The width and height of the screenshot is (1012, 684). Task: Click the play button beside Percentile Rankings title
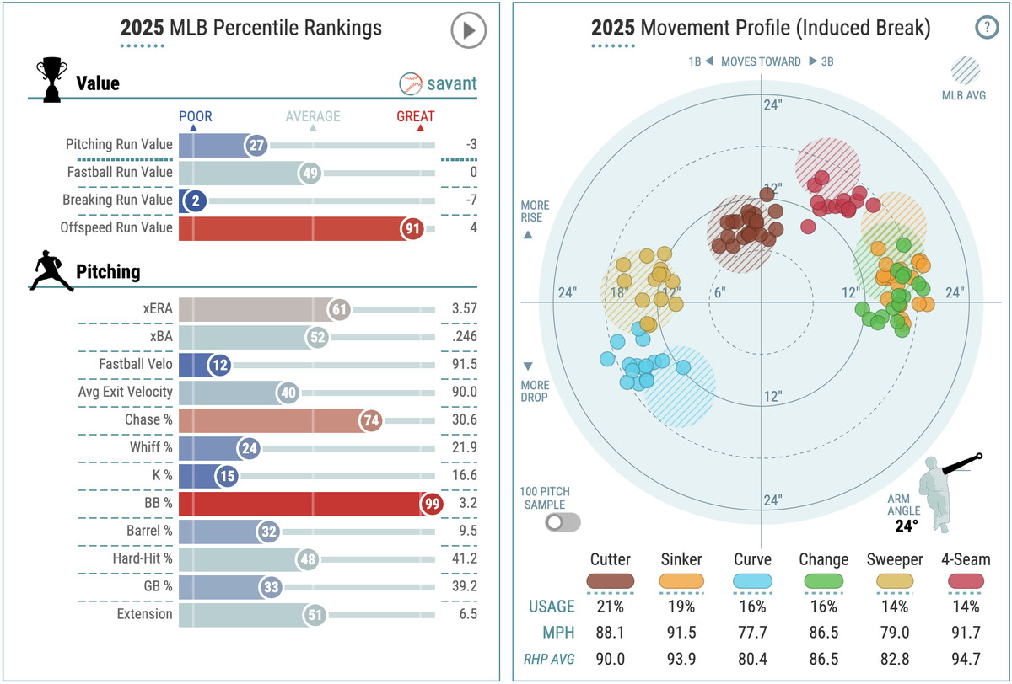click(468, 31)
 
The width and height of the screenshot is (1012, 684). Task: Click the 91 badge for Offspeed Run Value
click(412, 227)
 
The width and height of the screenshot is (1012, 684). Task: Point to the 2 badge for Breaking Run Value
click(193, 201)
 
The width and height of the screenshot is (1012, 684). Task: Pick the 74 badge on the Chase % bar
click(370, 420)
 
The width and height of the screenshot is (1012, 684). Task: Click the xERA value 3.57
click(464, 309)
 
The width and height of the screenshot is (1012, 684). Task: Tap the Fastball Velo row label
click(136, 365)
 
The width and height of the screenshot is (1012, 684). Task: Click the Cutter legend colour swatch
click(611, 581)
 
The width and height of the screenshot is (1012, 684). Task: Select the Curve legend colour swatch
click(751, 581)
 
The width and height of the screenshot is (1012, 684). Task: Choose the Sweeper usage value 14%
click(895, 607)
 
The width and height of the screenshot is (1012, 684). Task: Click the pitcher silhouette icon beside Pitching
click(51, 271)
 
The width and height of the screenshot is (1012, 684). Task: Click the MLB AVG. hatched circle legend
click(965, 71)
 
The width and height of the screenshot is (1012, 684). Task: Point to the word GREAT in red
click(416, 116)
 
